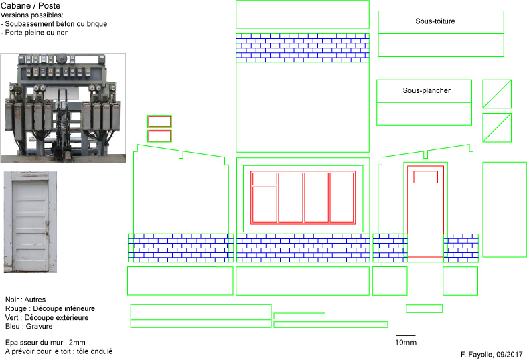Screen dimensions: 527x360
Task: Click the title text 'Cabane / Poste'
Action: (31, 6)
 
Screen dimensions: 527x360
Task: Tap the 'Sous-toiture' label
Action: (435, 21)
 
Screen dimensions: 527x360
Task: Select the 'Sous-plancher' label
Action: (427, 90)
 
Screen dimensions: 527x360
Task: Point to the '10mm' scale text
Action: (406, 343)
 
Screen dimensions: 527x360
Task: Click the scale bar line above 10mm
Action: (406, 335)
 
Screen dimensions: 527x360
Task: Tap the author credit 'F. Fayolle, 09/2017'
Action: (492, 354)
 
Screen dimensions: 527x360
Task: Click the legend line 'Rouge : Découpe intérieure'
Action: (50, 308)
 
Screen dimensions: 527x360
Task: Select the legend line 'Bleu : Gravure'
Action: (29, 326)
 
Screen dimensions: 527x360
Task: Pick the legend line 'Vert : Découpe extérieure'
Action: (47, 317)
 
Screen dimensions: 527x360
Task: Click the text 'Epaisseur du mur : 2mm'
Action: (46, 343)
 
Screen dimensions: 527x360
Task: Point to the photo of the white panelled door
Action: (30, 222)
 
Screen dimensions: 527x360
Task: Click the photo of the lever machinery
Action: (63, 108)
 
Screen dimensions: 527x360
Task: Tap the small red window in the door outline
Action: (425, 177)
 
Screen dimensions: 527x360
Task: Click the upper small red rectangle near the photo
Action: (159, 122)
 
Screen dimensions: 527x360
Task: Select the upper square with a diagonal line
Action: (497, 94)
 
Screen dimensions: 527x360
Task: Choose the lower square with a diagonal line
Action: (497, 128)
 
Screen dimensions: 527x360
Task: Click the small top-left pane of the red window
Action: (265, 179)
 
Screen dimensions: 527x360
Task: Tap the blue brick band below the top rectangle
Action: (303, 48)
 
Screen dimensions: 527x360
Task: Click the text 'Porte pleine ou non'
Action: (37, 33)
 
